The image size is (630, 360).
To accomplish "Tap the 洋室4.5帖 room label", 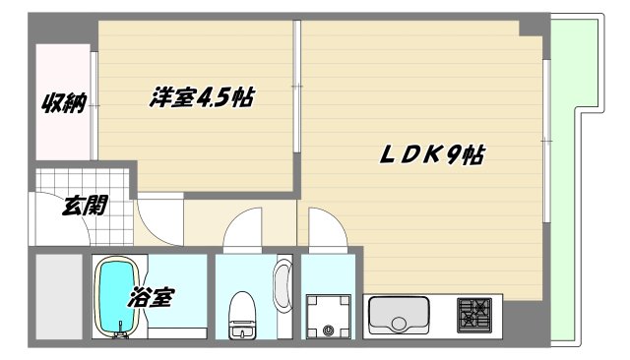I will [x=203, y=97].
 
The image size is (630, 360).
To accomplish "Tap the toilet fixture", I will [x=240, y=315].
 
